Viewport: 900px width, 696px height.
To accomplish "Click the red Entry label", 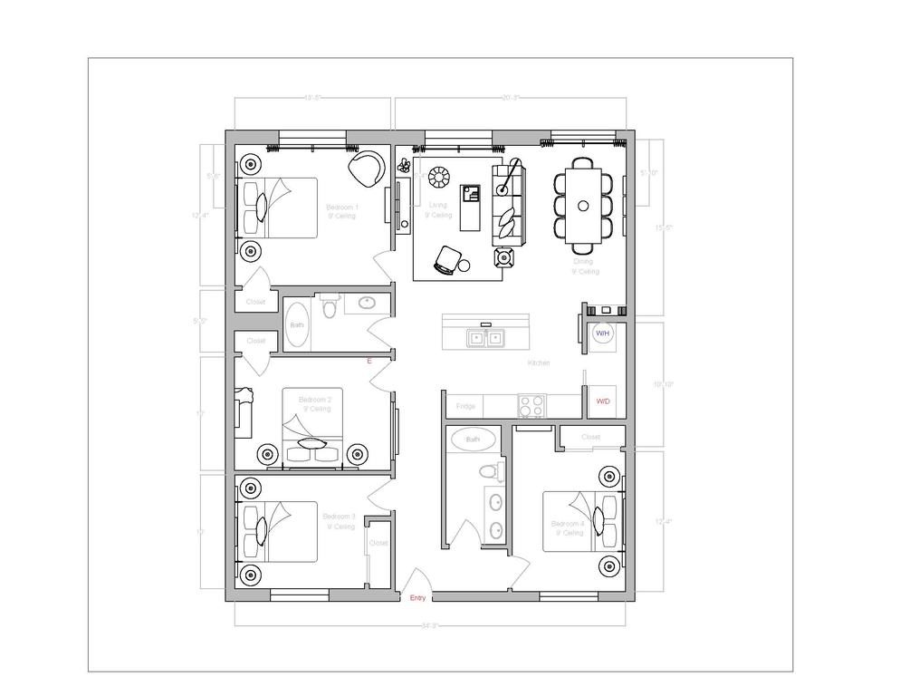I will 417,598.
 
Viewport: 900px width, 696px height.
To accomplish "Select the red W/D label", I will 602,401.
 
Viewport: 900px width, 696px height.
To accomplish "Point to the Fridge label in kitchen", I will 465,406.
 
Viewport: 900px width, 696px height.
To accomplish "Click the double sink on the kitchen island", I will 486,338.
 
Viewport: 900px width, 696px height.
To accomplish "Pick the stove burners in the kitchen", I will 531,404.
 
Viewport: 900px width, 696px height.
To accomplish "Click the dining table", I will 583,206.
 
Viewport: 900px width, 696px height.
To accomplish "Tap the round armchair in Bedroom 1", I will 366,169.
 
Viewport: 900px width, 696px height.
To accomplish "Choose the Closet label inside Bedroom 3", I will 378,543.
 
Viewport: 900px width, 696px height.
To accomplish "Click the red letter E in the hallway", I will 369,361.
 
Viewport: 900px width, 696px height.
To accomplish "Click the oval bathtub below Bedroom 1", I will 297,325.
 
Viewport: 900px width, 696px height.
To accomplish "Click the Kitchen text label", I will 539,363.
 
